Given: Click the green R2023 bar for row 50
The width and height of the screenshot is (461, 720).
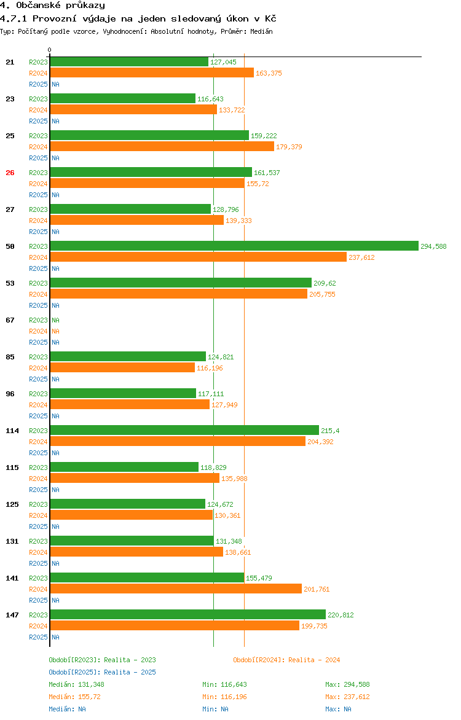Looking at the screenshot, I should (x=234, y=246).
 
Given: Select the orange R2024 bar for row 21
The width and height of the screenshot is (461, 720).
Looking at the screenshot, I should (x=151, y=72).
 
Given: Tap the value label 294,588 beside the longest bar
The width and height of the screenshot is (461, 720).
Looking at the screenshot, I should (x=433, y=246).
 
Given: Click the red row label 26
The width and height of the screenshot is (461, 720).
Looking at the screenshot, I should (x=10, y=173).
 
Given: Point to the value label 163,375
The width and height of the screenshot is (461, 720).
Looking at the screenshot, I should (x=269, y=73).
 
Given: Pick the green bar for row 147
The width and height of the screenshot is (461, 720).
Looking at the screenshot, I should (x=187, y=614).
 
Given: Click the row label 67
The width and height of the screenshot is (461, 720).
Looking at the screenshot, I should (x=10, y=320).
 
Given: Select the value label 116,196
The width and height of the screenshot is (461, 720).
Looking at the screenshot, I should (x=210, y=368).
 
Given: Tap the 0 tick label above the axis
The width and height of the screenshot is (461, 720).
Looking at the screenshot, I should (x=50, y=50).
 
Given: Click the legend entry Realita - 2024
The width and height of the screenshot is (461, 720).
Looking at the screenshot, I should (x=286, y=660).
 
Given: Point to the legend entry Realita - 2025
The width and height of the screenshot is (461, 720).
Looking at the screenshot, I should (x=102, y=672).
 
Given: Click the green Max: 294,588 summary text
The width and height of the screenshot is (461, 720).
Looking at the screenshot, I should (x=347, y=684).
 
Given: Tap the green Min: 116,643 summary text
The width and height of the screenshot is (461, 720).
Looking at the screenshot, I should (x=224, y=684).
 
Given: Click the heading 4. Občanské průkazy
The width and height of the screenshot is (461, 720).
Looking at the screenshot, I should (x=52, y=6).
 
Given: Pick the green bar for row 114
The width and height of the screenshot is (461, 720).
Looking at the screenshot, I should (x=184, y=430).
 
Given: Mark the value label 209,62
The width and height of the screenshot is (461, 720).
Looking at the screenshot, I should (x=325, y=283).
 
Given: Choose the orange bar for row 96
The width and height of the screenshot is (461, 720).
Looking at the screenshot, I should (x=129, y=404).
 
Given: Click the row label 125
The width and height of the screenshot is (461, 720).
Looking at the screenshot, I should (x=12, y=504).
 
